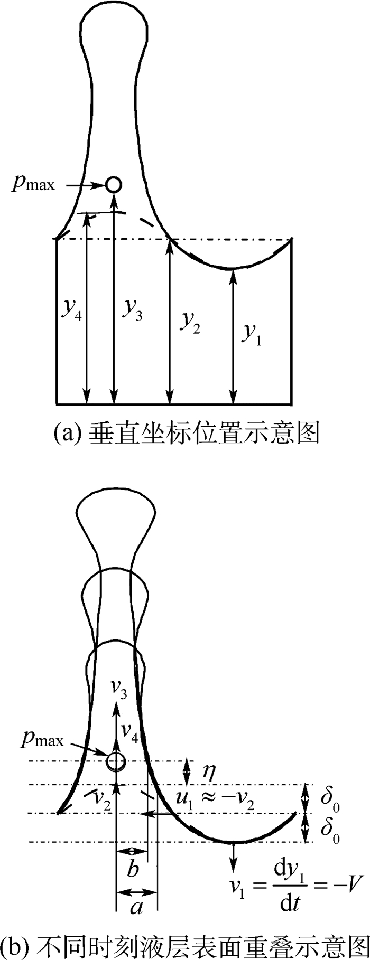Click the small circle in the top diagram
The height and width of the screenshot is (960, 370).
[x=114, y=184]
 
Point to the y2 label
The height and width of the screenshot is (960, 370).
[x=189, y=321]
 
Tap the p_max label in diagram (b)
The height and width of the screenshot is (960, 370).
[x=42, y=739]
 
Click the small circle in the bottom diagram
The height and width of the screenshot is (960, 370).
[x=116, y=761]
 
